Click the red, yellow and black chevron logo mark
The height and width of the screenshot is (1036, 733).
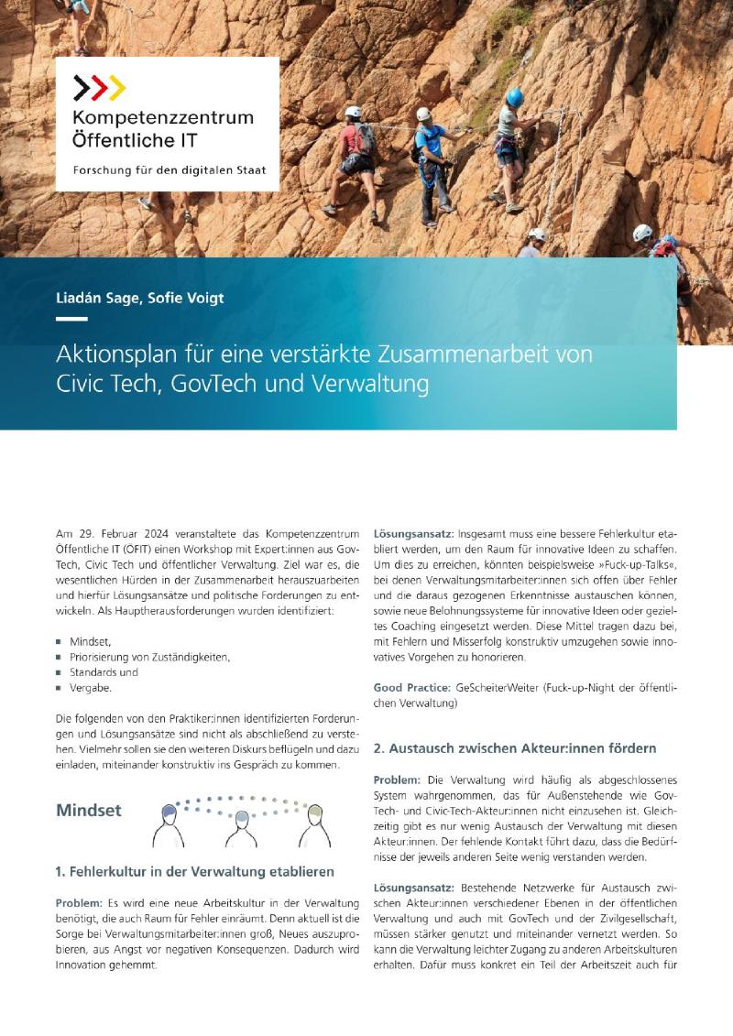[99, 88]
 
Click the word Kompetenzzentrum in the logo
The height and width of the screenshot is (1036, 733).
[163, 118]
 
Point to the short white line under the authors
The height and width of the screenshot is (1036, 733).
[71, 319]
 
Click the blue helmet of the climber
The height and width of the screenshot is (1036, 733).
[515, 97]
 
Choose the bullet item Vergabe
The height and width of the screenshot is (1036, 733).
[91, 687]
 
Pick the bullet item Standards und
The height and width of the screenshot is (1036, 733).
[104, 671]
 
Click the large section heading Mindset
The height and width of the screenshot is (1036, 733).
[88, 811]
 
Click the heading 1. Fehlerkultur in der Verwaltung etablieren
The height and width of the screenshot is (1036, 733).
[194, 871]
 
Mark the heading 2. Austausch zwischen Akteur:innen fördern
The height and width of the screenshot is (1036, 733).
[515, 748]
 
